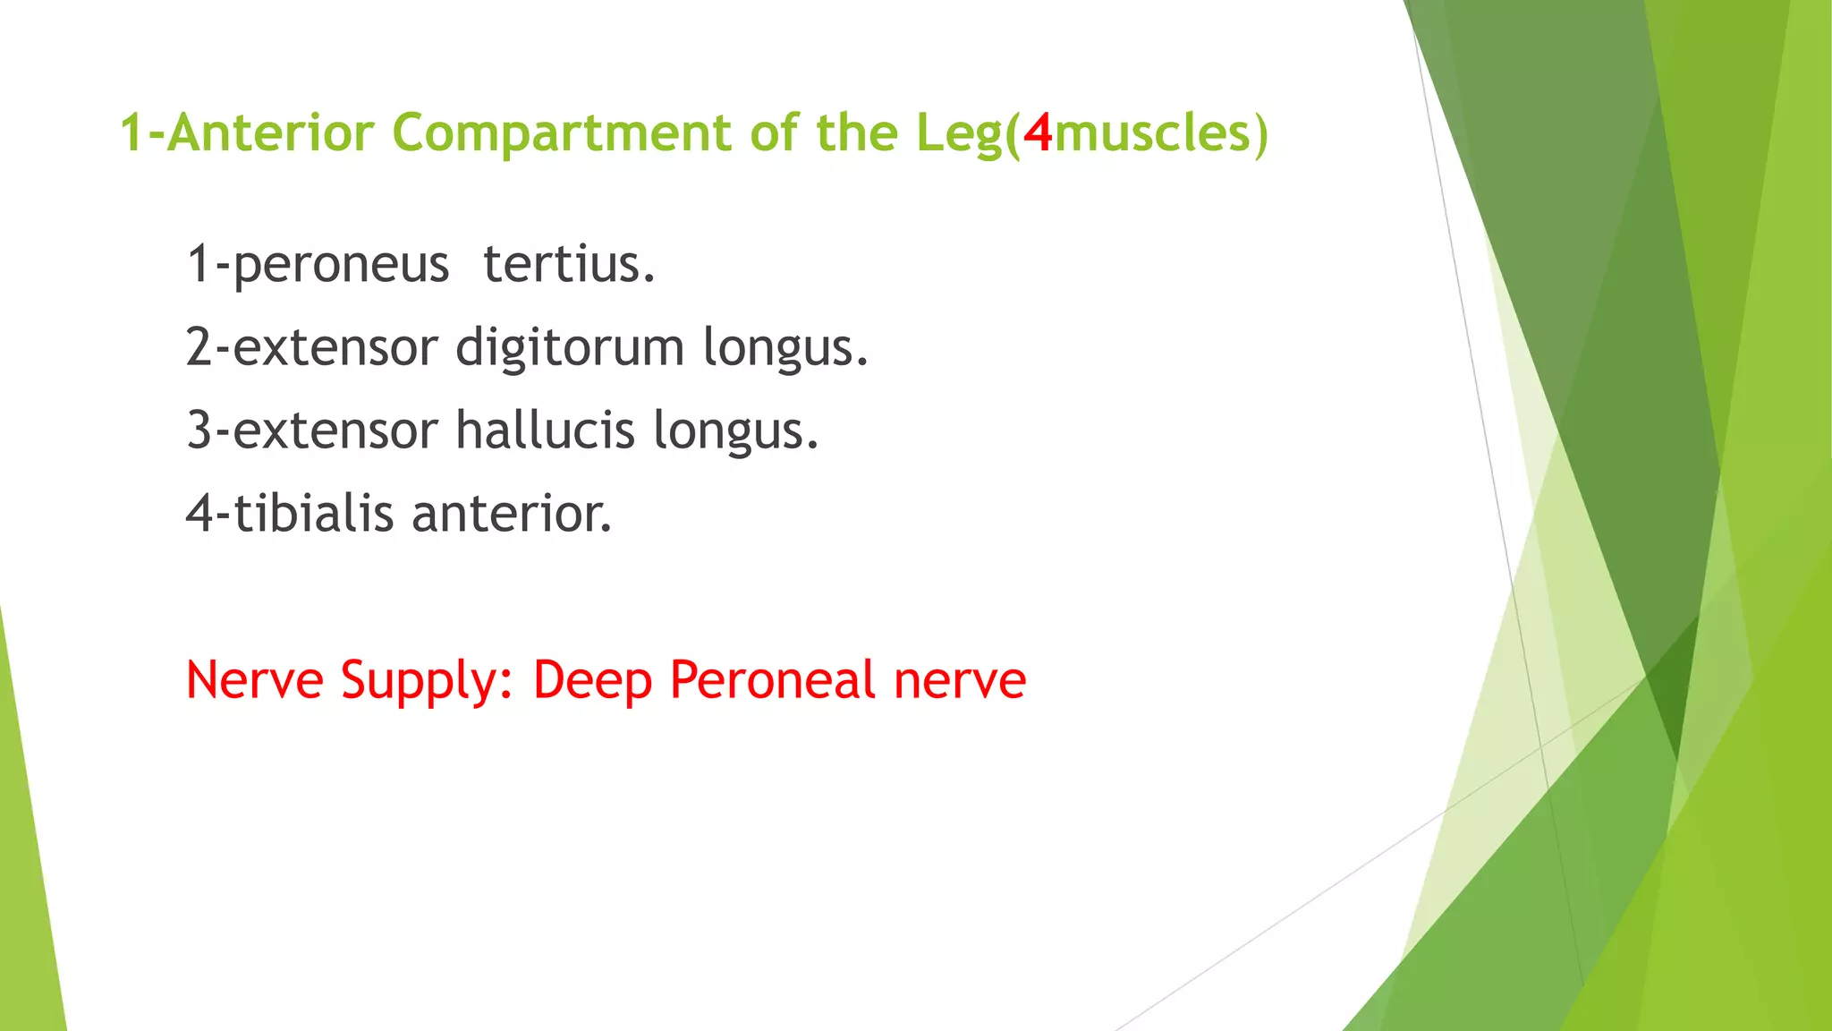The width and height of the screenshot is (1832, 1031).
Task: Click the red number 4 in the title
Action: click(x=1038, y=132)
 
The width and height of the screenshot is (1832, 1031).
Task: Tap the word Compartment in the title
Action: click(x=562, y=134)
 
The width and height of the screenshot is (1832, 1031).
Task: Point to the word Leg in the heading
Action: click(x=960, y=134)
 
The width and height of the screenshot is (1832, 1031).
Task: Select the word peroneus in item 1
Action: click(x=340, y=265)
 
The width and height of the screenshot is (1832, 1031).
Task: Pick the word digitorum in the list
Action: click(x=570, y=347)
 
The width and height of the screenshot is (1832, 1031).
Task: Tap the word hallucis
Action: click(x=545, y=430)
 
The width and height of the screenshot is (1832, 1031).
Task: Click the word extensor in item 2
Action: click(x=335, y=347)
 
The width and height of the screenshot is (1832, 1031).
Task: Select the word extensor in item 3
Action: click(x=335, y=430)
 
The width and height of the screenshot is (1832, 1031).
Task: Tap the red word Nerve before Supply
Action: click(x=254, y=679)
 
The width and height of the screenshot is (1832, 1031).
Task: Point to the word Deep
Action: click(x=591, y=681)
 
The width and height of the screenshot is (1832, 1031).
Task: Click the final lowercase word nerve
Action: click(x=960, y=681)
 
